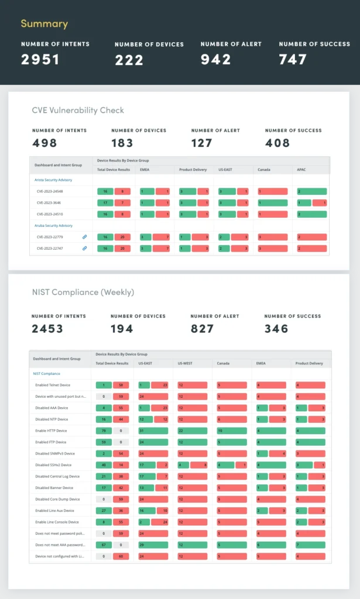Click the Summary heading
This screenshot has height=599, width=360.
coord(44,24)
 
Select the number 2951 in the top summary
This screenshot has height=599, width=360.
coord(40,59)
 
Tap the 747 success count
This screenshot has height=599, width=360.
coord(293,59)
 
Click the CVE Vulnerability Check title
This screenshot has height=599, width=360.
coord(78,110)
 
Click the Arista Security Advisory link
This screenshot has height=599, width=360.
coord(53,180)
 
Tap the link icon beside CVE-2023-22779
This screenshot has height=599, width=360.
coord(84,237)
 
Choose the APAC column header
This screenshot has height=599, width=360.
coord(303,170)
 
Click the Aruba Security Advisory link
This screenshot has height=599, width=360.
coord(53,225)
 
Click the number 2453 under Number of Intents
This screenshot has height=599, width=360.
coord(47,329)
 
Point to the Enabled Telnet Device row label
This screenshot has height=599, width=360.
coord(53,385)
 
